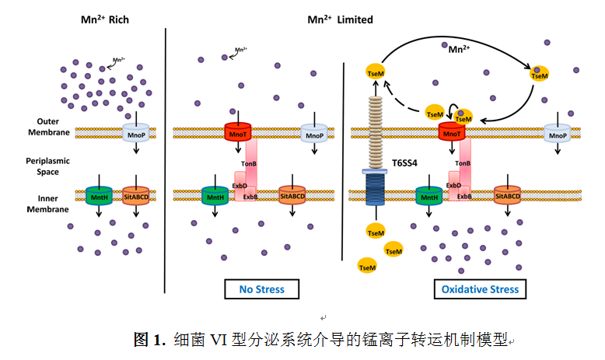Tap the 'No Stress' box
(261, 289)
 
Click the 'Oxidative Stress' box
(480, 289)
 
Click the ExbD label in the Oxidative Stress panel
(455, 186)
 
